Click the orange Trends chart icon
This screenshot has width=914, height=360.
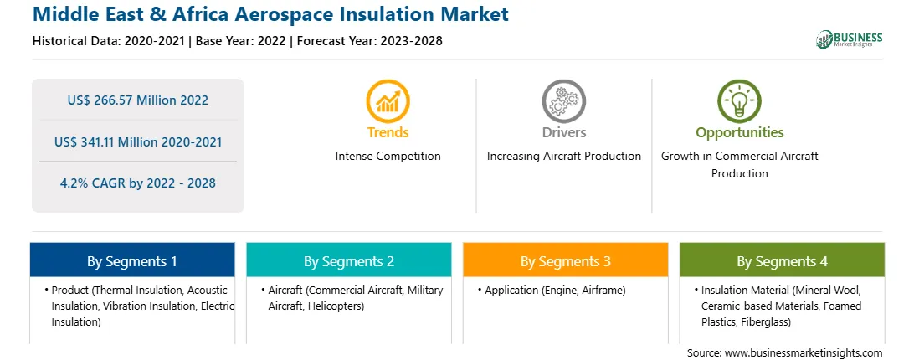pos(388,101)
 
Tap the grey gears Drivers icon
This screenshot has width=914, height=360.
pos(563,101)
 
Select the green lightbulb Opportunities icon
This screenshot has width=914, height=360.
pos(739,101)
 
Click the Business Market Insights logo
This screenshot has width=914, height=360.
pos(850,39)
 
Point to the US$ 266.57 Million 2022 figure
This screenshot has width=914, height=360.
pos(137,100)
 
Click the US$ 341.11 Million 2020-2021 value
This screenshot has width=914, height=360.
pos(138,141)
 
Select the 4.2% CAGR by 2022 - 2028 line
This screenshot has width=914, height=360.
pos(138,183)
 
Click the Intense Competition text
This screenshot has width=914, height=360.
pos(388,157)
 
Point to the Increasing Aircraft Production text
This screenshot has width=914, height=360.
pos(563,157)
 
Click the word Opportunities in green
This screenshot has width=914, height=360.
pos(740,133)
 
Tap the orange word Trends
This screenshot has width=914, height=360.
pos(388,132)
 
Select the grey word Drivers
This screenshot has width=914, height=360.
pos(563,132)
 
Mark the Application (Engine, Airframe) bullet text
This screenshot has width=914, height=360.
pos(555,290)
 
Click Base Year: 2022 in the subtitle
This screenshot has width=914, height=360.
pos(240,41)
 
